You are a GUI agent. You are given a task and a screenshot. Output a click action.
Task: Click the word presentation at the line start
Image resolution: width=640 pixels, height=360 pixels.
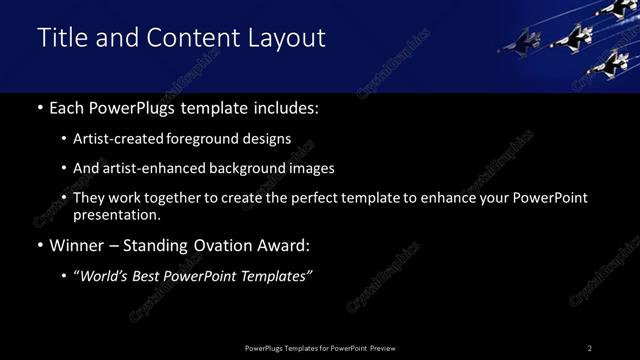point(116,214)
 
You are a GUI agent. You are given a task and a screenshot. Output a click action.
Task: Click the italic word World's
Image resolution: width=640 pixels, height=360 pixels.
point(109,276)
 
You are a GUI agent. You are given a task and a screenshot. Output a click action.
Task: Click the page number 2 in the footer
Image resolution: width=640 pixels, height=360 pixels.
point(590,348)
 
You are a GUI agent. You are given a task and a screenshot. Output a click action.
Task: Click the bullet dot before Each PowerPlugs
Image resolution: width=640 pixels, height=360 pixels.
point(39,108)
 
